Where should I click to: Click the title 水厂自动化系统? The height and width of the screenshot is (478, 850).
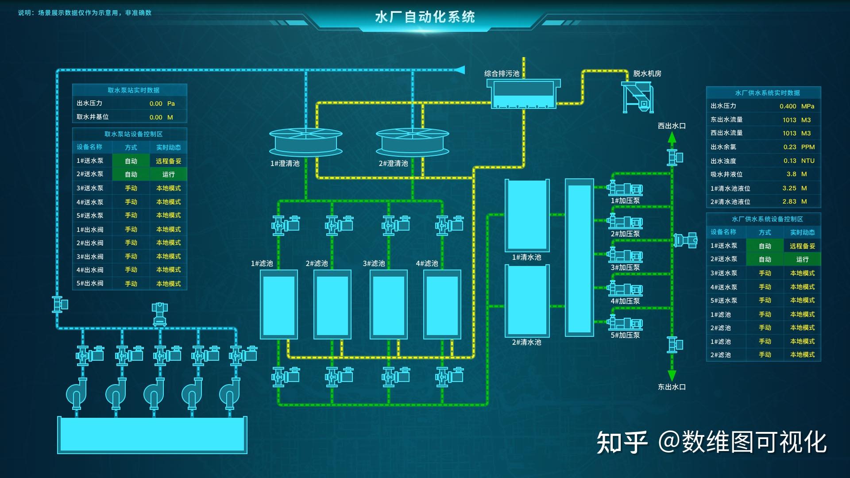point(425,17)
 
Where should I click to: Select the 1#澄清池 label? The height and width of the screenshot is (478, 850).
point(285,163)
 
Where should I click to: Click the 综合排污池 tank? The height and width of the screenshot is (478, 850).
point(523,94)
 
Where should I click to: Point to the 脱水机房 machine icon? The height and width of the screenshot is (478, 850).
point(637,96)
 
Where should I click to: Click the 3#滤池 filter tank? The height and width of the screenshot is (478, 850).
point(388,305)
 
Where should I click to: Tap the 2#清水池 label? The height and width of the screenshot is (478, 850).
point(526,342)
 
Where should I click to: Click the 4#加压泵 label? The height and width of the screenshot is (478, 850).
point(625,301)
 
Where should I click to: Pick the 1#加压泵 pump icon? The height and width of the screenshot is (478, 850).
point(625,189)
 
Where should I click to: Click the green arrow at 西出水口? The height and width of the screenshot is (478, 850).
point(672,138)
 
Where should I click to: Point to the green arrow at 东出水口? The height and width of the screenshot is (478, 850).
point(672,376)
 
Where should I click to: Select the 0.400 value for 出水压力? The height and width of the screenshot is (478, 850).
point(788,106)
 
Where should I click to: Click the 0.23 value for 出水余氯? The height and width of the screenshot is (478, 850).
point(789,147)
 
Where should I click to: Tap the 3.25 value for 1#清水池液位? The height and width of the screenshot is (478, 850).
point(789,188)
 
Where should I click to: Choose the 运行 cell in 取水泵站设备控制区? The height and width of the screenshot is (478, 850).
point(168,174)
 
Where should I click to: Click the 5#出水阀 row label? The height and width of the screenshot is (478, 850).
point(90,283)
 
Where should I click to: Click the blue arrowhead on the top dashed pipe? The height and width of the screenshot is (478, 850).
point(460,70)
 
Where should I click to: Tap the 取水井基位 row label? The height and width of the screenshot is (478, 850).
point(93,117)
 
